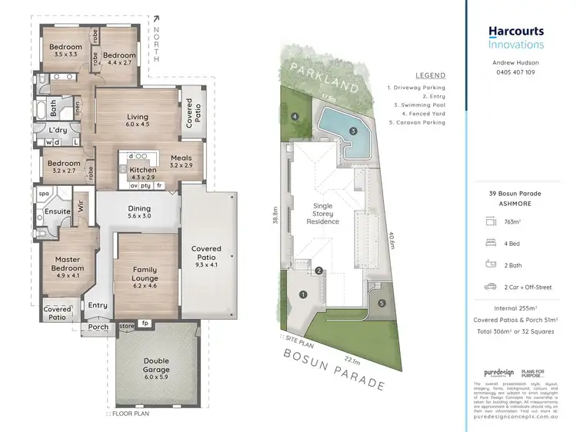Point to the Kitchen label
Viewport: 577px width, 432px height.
coord(143,169)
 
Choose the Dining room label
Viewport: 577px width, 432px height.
coord(139,208)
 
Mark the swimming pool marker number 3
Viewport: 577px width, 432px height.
coord(353,131)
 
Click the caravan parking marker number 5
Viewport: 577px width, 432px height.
coord(382,304)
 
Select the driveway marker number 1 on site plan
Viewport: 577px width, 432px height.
coord(303,294)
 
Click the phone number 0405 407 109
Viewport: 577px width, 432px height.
coord(515,73)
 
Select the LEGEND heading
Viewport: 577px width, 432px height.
coord(431,76)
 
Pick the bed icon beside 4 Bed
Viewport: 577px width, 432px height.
coord(492,243)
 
